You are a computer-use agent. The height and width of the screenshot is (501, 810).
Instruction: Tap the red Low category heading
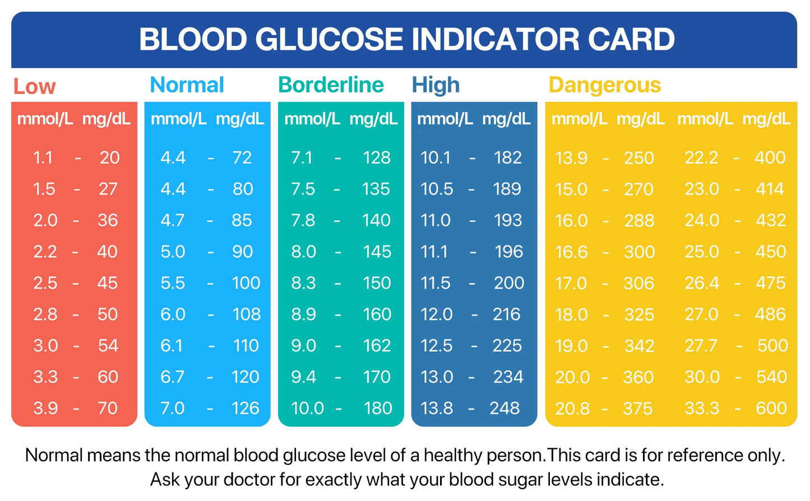coord(34,86)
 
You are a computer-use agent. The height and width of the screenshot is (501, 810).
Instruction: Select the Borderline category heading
coord(331,85)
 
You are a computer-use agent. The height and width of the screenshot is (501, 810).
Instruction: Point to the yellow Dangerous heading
coord(604,85)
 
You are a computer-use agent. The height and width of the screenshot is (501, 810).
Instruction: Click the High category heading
coord(436,85)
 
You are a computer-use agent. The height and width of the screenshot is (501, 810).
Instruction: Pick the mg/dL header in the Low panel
coord(106,119)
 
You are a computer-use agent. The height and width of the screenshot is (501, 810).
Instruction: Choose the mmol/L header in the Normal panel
coord(178,119)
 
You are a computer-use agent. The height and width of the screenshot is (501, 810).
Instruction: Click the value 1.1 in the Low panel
coord(43,157)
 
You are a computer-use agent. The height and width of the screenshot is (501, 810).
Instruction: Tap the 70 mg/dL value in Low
coord(107,408)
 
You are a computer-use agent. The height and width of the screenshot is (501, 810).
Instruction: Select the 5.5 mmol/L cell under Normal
coord(172,282)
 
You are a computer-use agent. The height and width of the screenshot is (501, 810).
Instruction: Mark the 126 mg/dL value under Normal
coord(245,408)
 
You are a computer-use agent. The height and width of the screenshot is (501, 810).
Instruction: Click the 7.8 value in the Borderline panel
coord(303,220)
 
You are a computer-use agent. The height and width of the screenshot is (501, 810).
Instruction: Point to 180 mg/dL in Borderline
coord(378,408)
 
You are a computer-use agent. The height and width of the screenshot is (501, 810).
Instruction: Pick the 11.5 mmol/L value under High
coord(436,282)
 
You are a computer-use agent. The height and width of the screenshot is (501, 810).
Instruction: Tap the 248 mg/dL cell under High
coord(504,408)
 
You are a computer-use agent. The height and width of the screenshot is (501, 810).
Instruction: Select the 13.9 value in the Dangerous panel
coord(571,157)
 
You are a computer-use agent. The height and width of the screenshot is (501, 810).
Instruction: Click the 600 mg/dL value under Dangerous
coord(771,408)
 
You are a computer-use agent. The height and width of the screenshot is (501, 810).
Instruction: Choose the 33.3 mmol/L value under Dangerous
coord(701,408)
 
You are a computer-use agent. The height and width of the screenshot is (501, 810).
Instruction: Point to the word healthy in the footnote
coord(453,455)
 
